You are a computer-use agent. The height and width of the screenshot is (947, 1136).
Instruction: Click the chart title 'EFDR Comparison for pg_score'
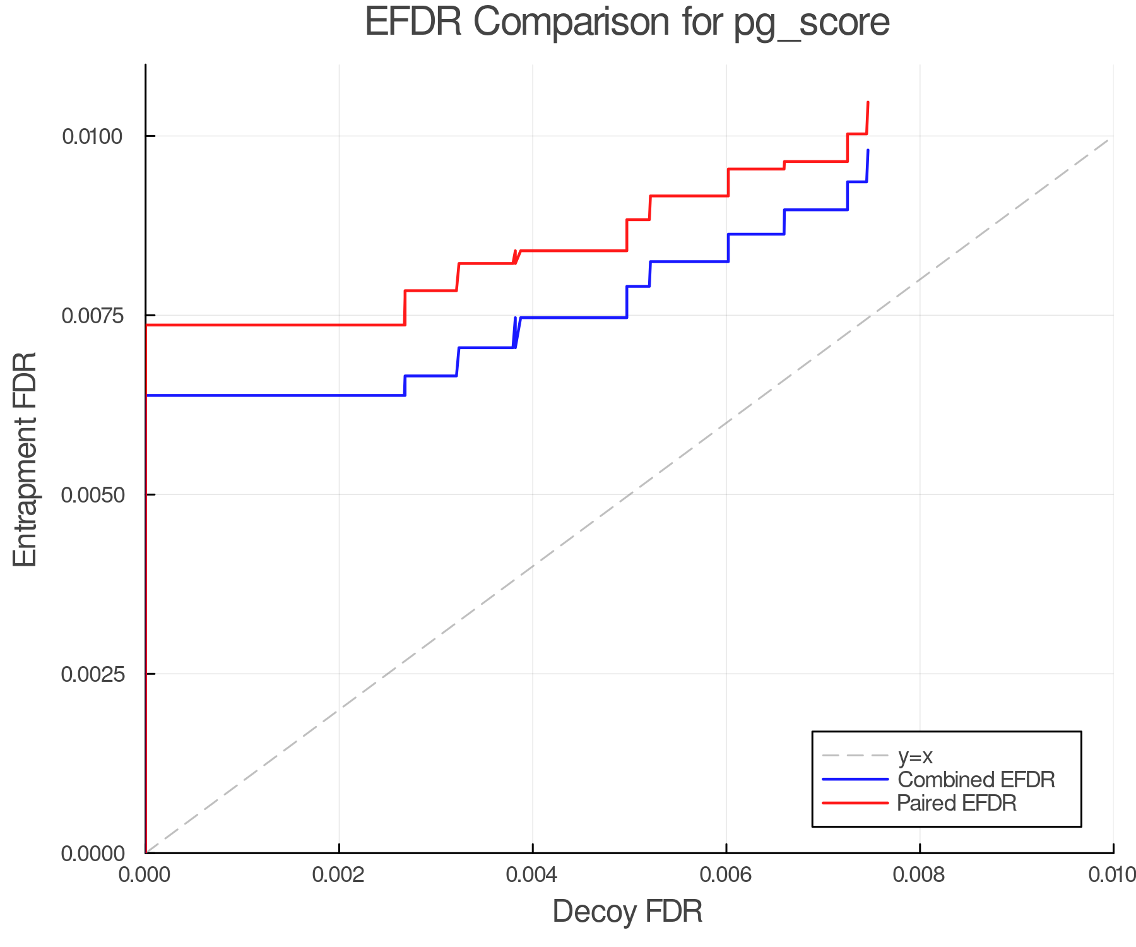(x=627, y=23)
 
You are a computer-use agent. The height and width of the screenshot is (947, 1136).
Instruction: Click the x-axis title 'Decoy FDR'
(x=627, y=912)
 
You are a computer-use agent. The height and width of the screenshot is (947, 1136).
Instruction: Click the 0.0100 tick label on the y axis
(x=93, y=136)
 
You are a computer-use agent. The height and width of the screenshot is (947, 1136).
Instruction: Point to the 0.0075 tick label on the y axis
(x=93, y=315)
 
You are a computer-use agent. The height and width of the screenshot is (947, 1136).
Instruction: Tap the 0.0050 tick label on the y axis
(x=93, y=494)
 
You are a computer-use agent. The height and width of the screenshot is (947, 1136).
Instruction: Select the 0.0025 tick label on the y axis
(x=93, y=674)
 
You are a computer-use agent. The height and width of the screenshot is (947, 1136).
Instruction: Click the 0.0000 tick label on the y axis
(x=93, y=854)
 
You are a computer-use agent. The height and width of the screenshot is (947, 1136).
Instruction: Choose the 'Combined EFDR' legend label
(x=976, y=780)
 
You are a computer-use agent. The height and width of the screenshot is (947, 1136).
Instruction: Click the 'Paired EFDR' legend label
(x=957, y=803)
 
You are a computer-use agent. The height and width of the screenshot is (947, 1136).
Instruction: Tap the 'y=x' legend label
(x=914, y=756)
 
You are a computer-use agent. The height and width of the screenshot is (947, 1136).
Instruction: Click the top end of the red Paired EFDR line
(x=868, y=102)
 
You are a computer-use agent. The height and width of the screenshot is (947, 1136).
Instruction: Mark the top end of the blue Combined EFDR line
(x=868, y=150)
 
